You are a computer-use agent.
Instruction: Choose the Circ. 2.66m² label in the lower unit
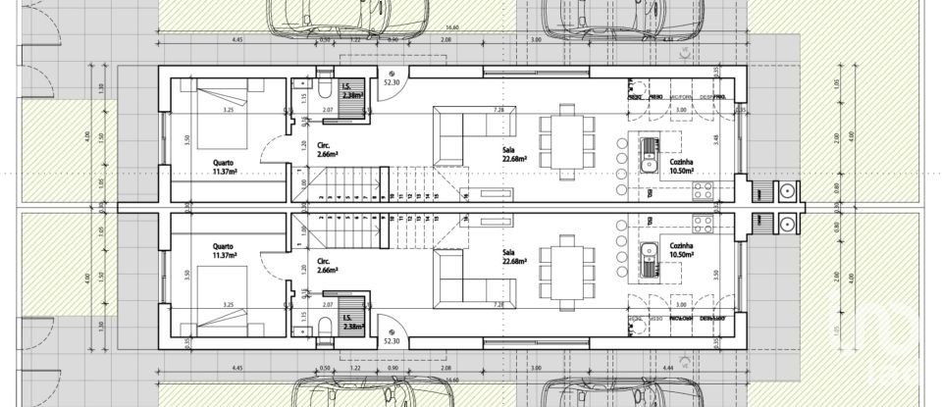pos(329,265)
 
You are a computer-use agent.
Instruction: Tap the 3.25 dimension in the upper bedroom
pos(229,111)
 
